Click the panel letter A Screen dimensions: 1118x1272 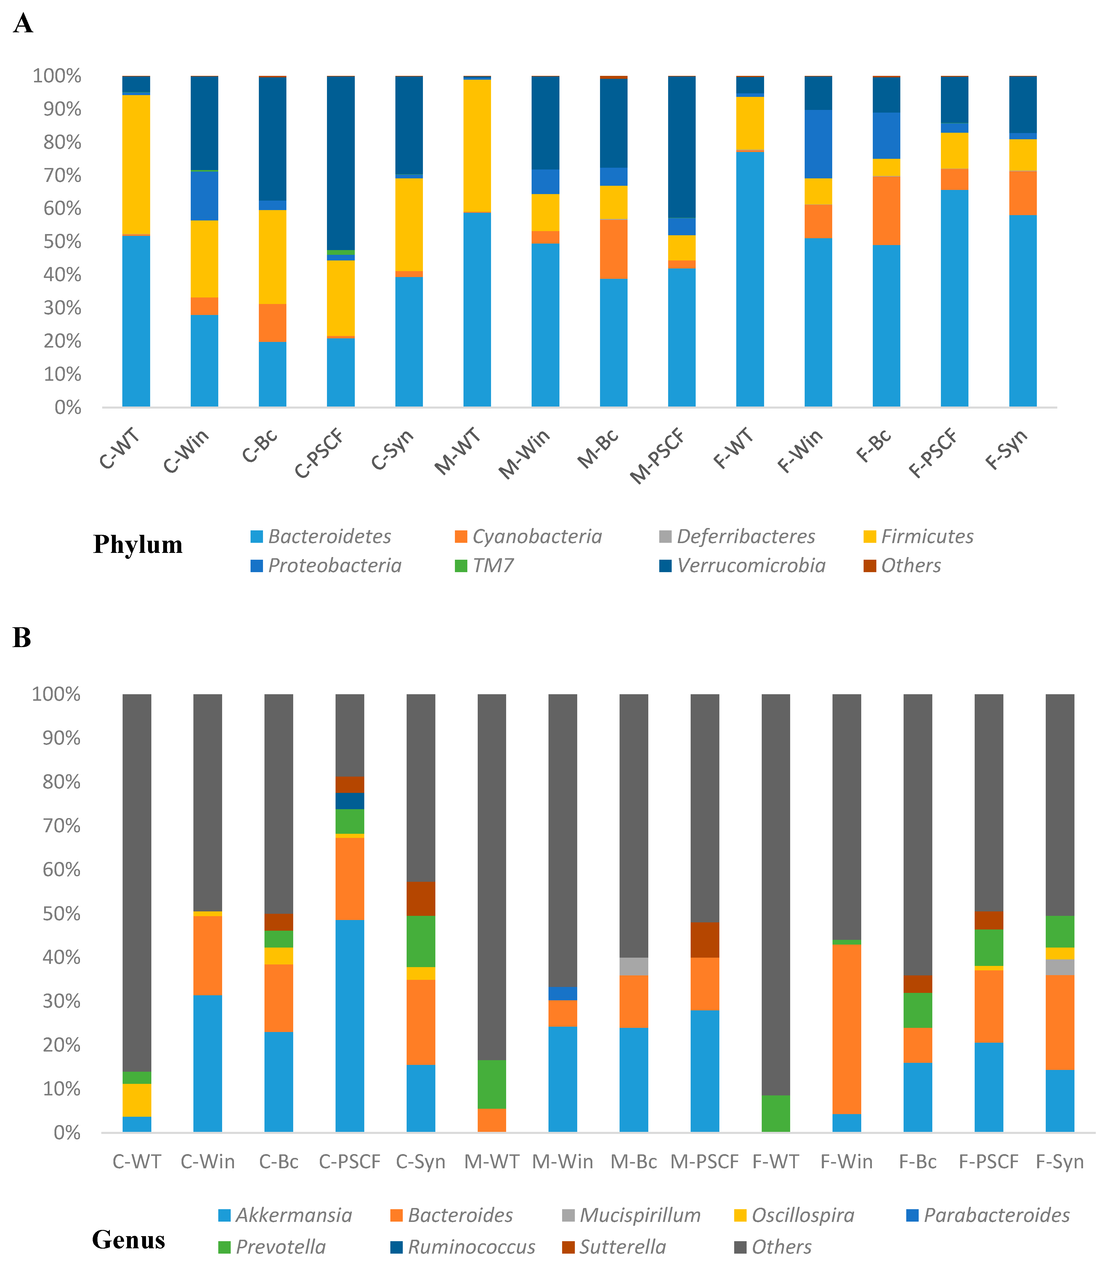pyautogui.click(x=23, y=24)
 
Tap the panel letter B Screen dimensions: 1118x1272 pyautogui.click(x=22, y=638)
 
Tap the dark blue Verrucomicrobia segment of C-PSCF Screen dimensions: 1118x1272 pyautogui.click(x=341, y=163)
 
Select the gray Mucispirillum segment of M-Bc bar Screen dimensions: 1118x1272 pyautogui.click(x=634, y=967)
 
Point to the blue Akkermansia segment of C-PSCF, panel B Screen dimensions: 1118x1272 pyautogui.click(x=350, y=1025)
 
